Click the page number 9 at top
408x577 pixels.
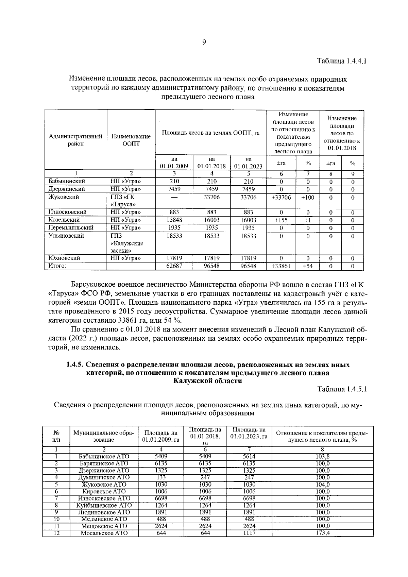click(x=204, y=43)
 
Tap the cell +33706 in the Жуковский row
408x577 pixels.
click(x=281, y=197)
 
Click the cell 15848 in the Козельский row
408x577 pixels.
click(x=174, y=220)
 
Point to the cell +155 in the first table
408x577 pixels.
click(x=281, y=220)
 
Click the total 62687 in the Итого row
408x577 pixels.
click(x=174, y=266)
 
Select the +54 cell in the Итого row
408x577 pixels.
click(x=308, y=266)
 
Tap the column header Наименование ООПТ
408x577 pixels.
click(x=131, y=140)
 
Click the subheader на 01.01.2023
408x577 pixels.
click(x=248, y=163)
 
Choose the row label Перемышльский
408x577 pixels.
click(x=71, y=227)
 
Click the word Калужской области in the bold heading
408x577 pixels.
click(x=207, y=381)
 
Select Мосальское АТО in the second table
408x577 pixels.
click(x=104, y=533)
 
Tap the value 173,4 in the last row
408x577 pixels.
click(x=323, y=533)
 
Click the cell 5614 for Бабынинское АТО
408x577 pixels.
click(x=249, y=457)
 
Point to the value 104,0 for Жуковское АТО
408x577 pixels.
click(x=323, y=485)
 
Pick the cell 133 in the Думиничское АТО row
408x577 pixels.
click(x=161, y=477)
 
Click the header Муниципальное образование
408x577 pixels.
click(x=104, y=436)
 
